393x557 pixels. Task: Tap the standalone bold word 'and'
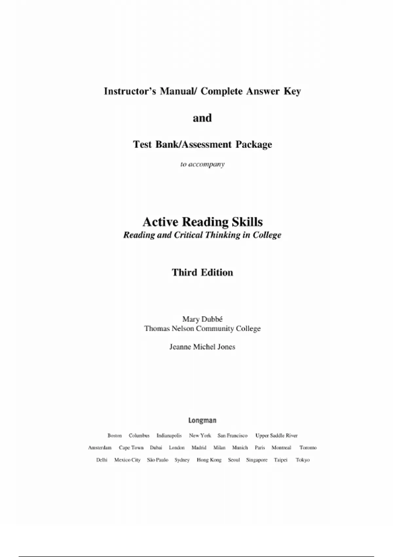(202, 118)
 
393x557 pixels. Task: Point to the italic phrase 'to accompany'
(202, 164)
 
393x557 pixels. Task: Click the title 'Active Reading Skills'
(202, 222)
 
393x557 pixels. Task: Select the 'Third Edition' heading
(202, 272)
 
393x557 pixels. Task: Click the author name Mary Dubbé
(202, 319)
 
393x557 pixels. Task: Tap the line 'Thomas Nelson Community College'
(202, 328)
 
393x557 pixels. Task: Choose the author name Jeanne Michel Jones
(202, 347)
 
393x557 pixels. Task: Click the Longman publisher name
(202, 420)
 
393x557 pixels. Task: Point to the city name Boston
(115, 435)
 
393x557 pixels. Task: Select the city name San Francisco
(233, 435)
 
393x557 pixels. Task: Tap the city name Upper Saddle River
(276, 435)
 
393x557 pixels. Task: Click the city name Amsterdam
(100, 448)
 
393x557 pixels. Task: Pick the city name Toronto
(308, 448)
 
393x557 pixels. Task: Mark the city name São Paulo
(158, 460)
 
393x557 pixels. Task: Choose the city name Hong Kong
(209, 460)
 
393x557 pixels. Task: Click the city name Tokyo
(303, 460)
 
